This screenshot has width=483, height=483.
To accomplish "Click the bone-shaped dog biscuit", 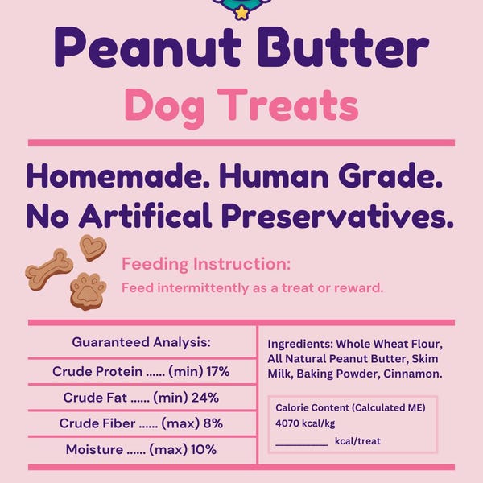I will [x=49, y=269].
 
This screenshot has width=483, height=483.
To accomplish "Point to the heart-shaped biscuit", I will [x=92, y=247].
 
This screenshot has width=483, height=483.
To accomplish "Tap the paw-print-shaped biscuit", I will [x=88, y=291].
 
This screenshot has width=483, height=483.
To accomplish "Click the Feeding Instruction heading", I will [x=206, y=264].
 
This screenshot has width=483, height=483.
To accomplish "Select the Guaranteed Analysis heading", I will [x=141, y=341].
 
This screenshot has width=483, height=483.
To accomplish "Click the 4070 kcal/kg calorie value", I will [x=305, y=424].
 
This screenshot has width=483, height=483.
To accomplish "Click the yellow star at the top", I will [x=241, y=14].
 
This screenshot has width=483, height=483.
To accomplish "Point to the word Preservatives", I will [x=349, y=215].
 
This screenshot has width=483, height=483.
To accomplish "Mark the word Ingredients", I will [x=299, y=344].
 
